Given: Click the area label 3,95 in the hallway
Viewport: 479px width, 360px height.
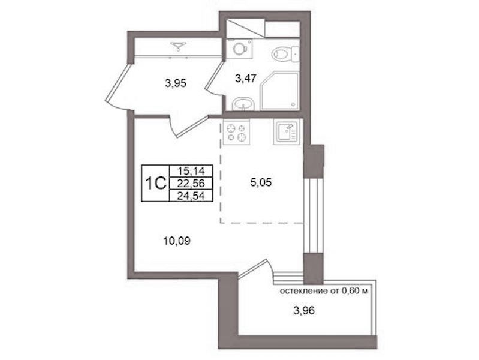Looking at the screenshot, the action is coord(175,83).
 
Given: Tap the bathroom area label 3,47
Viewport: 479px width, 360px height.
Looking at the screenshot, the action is coord(246,79).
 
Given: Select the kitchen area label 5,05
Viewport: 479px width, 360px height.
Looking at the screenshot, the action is coord(261,182).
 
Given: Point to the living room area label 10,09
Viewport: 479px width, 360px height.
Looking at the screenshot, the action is coord(177,241).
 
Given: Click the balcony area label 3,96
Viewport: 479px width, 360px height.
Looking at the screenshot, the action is coord(304,311).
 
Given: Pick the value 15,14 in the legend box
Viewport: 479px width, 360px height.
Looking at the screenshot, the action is coord(191,170).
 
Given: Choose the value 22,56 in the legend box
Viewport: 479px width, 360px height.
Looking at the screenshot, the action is coord(191,183).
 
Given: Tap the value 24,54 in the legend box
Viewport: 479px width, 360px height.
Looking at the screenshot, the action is coord(191,195).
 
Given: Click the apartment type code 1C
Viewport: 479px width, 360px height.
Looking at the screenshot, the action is coord(155,183).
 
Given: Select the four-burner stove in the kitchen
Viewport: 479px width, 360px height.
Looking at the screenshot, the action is coord(236,132).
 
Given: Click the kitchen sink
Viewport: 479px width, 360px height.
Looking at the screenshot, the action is coord(287,132).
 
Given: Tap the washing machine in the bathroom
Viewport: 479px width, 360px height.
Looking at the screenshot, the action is coord(240,49).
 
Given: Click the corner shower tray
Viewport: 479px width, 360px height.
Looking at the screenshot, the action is coord(279,91).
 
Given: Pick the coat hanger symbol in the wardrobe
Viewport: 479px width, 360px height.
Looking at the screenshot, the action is coord(179,45).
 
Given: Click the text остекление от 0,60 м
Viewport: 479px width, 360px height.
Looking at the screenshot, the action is coord(324,291).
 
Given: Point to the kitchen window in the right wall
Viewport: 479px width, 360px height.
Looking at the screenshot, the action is coord(313,215).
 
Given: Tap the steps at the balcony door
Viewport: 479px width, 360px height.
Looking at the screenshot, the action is coord(288,277).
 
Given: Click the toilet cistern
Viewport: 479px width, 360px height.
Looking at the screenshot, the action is coord(295,55).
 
